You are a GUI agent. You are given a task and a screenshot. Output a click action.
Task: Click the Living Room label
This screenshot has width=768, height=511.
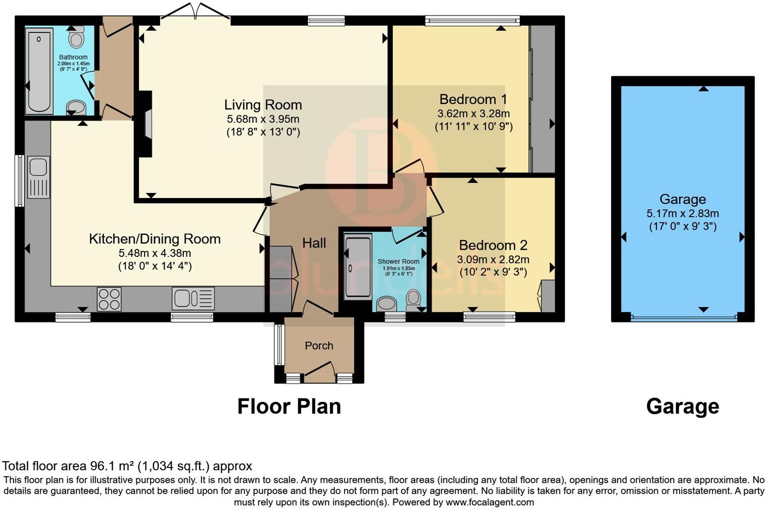tap(263, 105)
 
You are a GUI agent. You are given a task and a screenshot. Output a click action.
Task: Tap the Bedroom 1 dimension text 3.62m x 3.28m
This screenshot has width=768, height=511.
tap(473, 114)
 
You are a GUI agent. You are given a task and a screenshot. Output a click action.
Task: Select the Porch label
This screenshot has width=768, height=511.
tap(319, 345)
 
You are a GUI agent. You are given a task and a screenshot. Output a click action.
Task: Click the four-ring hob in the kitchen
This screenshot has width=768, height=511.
tap(109, 299)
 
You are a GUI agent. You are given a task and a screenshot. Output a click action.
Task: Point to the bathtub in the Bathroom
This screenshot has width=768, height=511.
tap(39, 71)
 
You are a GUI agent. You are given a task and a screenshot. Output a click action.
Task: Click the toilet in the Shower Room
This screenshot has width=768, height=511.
tap(413, 300)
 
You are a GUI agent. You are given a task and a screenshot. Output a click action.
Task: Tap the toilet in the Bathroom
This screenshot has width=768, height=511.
tap(76, 37)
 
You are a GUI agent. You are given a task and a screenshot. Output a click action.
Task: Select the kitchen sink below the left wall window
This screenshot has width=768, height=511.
tap(38, 177)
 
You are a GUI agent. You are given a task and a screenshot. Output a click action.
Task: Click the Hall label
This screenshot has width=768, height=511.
tap(314, 243)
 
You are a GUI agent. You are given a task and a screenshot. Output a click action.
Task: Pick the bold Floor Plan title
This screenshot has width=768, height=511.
tap(289, 406)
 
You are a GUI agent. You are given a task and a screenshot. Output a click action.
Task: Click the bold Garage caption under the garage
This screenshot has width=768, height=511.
tap(682, 407)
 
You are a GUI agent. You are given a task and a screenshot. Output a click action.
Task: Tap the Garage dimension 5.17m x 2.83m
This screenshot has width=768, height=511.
tap(683, 214)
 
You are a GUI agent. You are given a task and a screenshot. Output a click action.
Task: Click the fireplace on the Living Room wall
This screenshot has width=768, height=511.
tap(145, 124)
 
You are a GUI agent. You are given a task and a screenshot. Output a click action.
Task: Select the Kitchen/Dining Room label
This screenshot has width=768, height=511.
tap(155, 239)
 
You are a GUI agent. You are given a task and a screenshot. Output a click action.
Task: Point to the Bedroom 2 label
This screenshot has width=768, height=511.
tap(493, 245)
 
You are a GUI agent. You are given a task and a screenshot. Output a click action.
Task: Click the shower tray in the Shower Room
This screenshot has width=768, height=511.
tap(358, 267)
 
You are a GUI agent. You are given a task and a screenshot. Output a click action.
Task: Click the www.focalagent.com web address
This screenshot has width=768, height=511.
tap(490, 502)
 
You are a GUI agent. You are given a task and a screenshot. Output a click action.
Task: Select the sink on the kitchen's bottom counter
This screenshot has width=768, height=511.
tap(194, 298)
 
